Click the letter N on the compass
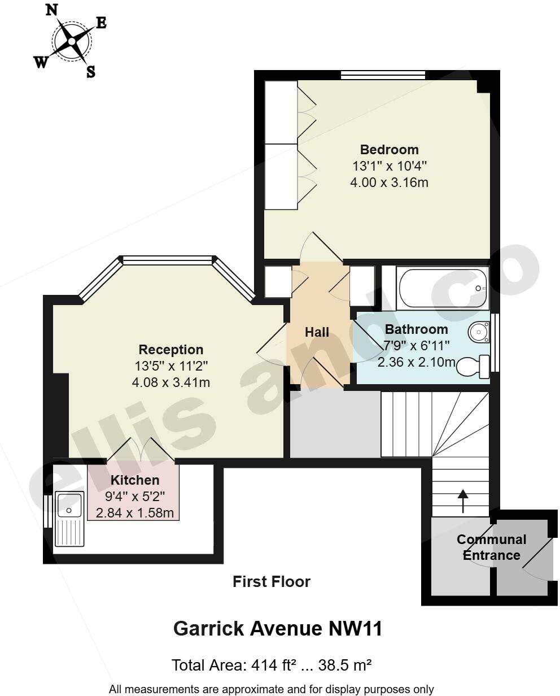(51, 10)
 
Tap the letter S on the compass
(90, 72)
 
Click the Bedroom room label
(390, 150)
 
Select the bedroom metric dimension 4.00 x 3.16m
(390, 182)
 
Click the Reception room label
(171, 350)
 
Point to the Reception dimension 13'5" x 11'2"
(171, 366)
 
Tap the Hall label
(317, 332)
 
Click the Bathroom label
(416, 329)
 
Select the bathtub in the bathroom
(443, 288)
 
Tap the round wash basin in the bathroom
(479, 332)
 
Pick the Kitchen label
(135, 480)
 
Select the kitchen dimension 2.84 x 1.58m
(135, 513)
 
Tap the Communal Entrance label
(491, 547)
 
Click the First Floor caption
(272, 581)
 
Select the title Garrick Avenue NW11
(278, 628)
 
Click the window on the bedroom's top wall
(383, 75)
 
